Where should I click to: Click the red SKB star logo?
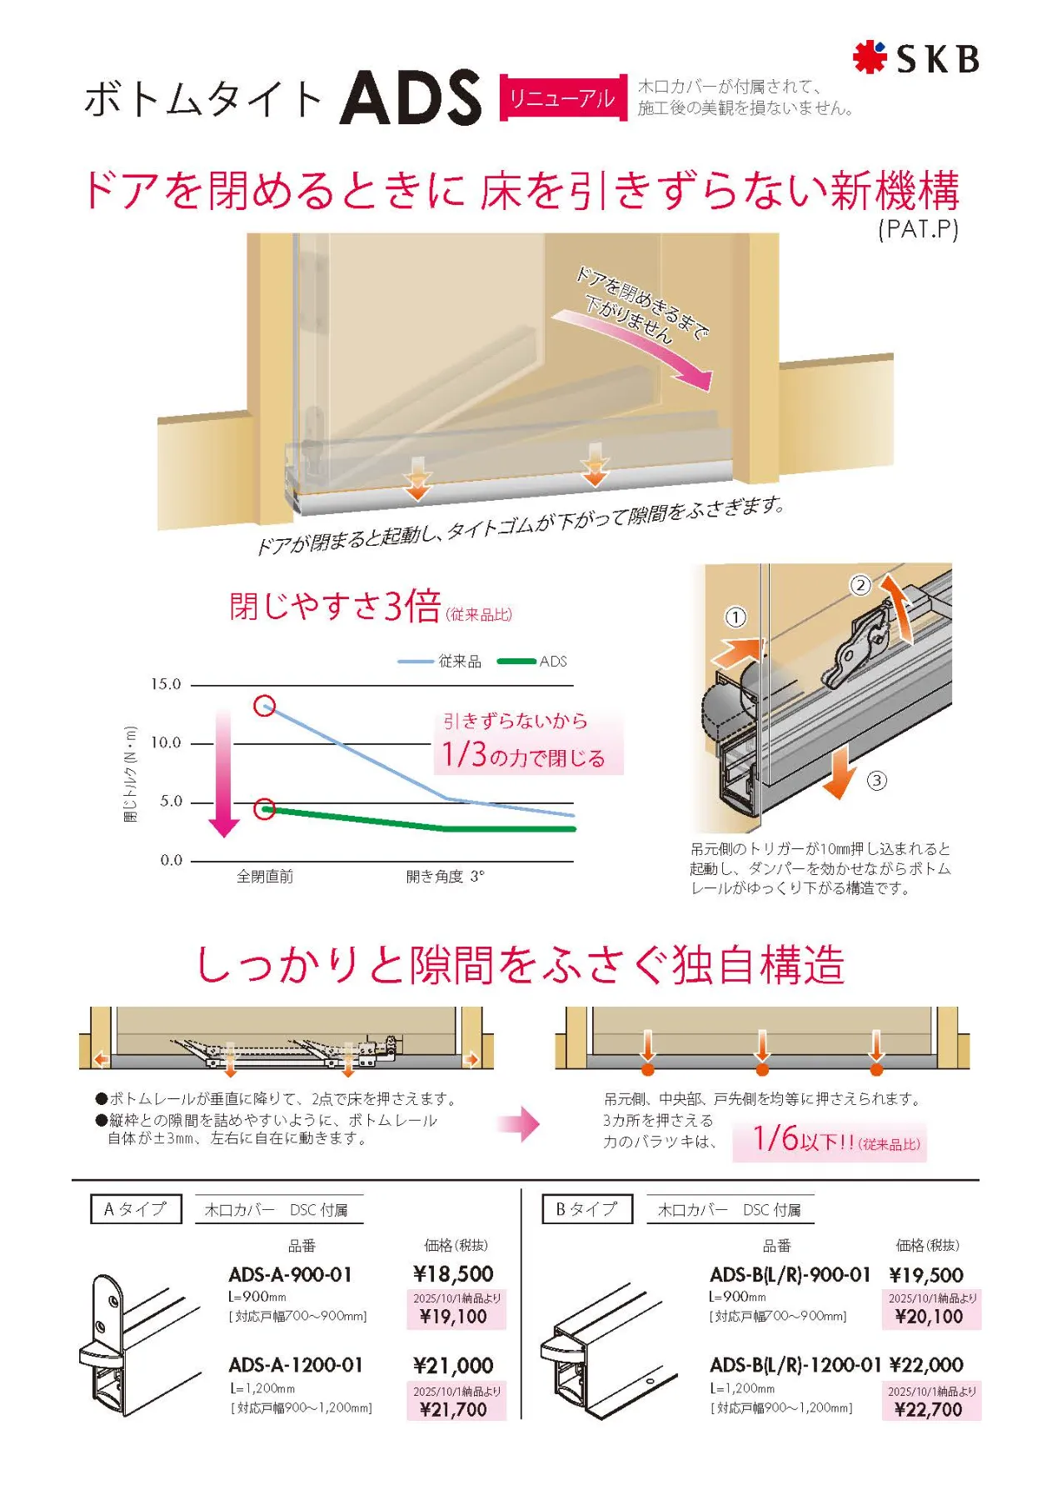point(869,57)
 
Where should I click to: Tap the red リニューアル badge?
point(562,97)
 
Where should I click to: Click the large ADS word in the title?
point(411,97)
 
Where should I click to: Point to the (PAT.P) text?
point(918,229)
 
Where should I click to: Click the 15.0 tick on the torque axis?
point(165,684)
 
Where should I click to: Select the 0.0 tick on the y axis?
point(171,860)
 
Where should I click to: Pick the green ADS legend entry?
point(532,661)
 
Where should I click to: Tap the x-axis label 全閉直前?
point(265,877)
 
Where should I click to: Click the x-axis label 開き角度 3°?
point(445,877)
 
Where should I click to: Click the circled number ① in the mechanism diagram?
point(735,617)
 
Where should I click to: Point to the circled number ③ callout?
point(876,781)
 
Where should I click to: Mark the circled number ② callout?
point(860,585)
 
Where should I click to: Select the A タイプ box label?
point(136,1209)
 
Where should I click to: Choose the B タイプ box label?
point(587,1209)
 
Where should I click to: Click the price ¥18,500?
point(453,1274)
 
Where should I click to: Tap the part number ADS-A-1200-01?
point(296,1365)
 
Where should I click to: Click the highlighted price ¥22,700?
point(928,1409)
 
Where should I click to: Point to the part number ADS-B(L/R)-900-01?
point(790,1275)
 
